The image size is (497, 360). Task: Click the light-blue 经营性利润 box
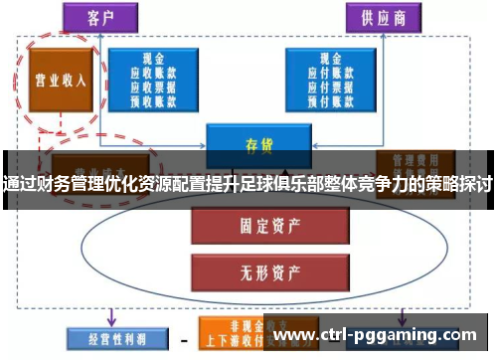click(x=108, y=336)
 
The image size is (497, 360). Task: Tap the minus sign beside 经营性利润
click(x=183, y=338)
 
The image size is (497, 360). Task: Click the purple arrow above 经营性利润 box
click(x=112, y=315)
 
